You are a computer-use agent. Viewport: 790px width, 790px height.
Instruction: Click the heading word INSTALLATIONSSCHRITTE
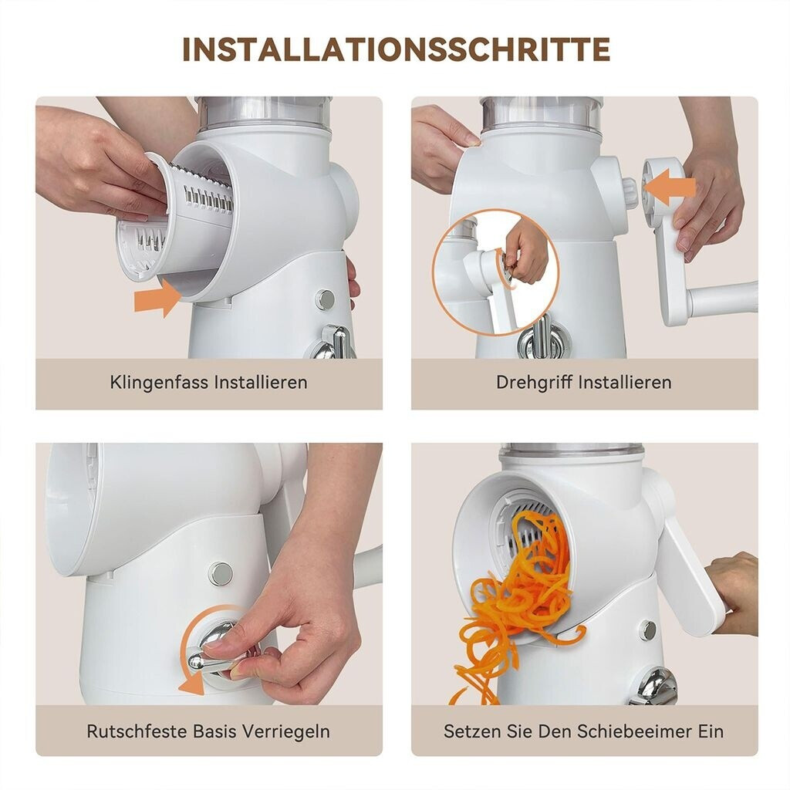tap(396, 49)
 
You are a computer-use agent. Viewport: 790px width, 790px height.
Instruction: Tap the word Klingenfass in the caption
tap(159, 383)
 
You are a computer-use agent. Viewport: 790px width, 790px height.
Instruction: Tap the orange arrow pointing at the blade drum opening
tap(157, 299)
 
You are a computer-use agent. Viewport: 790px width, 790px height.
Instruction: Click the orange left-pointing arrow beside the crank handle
tap(670, 187)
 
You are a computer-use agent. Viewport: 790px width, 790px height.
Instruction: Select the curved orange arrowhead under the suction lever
tap(192, 684)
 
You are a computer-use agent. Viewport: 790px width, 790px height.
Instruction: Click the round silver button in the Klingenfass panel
tap(325, 299)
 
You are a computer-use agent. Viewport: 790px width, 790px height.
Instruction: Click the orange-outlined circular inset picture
tap(496, 273)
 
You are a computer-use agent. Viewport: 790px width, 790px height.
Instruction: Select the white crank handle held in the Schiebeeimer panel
tap(687, 577)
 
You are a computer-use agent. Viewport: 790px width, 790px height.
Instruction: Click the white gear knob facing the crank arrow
tap(630, 194)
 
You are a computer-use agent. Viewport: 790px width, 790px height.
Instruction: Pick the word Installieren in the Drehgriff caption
tap(625, 383)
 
